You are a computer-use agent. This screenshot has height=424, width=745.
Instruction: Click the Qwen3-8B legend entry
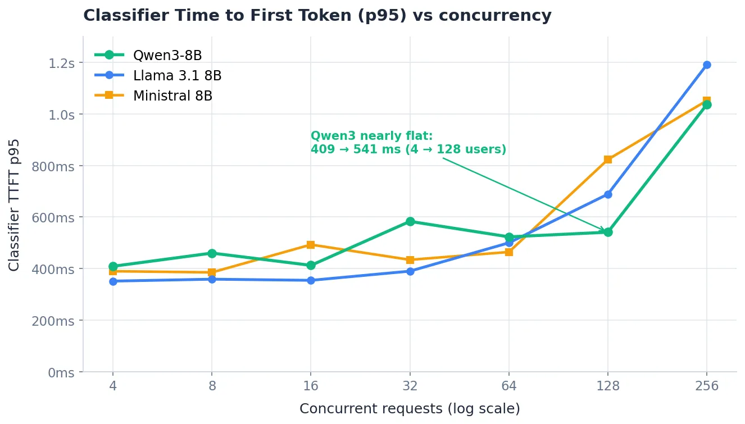148,55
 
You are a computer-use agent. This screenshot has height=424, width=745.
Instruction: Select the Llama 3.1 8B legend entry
158,75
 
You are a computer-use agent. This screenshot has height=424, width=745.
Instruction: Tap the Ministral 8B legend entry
153,96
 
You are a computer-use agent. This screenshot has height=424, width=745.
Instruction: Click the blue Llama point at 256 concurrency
707,65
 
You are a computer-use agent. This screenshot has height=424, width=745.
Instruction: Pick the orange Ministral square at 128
608,159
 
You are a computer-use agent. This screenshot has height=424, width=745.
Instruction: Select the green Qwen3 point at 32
410,221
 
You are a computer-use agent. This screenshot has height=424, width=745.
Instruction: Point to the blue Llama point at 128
608,194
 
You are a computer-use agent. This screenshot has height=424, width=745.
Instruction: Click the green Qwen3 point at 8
212,253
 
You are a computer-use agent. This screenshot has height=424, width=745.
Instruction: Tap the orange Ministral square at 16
311,245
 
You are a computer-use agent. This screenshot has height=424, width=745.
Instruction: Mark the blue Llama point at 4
113,282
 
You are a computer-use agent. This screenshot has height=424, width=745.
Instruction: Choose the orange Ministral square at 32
410,259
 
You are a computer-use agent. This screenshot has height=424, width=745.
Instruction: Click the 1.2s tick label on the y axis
62,63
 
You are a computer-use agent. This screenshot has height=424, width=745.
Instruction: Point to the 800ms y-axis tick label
53,166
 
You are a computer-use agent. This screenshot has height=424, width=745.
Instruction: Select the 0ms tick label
61,373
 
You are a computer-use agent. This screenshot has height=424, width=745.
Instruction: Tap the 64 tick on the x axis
509,386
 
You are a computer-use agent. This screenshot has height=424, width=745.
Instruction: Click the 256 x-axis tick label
707,386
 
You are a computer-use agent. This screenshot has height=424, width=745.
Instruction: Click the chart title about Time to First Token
317,16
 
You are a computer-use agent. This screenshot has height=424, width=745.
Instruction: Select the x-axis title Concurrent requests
410,409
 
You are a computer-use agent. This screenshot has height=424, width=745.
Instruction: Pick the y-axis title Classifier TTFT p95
13,205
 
